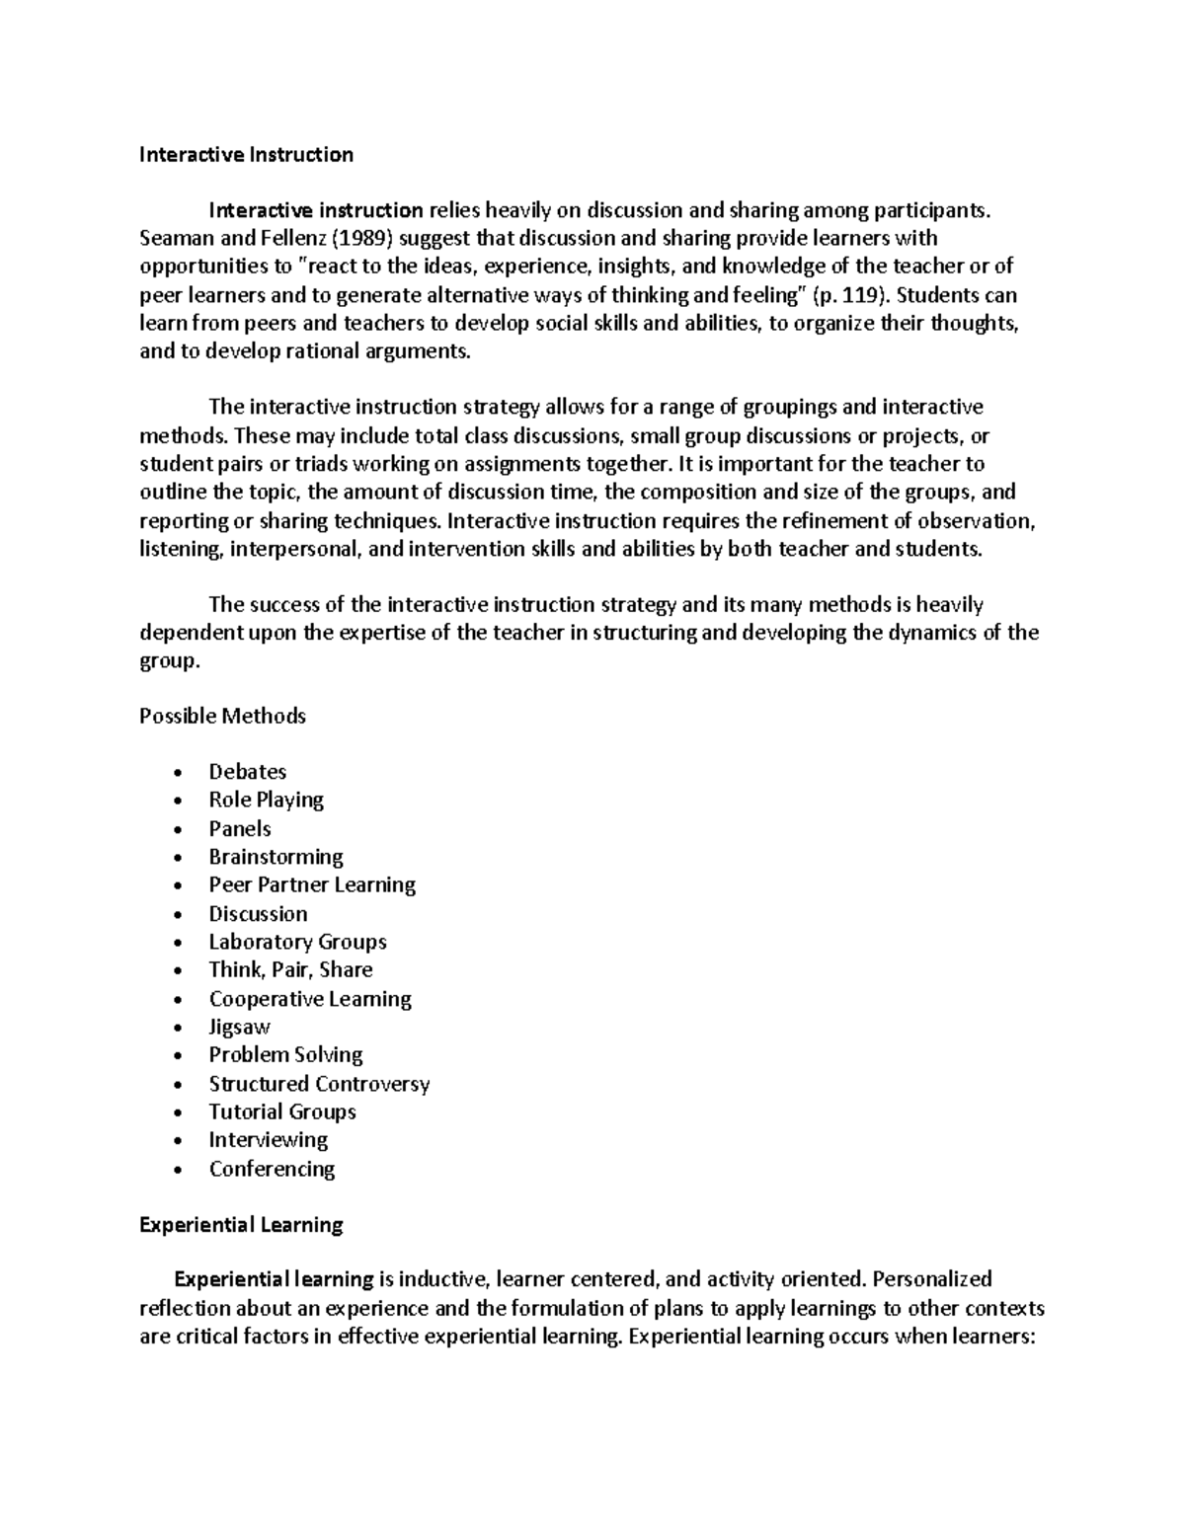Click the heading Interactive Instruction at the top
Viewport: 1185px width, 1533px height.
246,154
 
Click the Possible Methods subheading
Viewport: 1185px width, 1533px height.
222,716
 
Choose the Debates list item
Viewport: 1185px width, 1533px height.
247,772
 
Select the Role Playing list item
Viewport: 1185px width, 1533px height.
266,800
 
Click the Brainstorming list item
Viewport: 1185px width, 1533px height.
276,857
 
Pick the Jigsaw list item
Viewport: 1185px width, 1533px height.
239,1027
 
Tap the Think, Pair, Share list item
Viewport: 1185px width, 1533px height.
290,969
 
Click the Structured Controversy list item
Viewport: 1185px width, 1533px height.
319,1084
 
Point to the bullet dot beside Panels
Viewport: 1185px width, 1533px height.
177,830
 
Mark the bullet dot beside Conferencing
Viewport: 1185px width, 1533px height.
177,1171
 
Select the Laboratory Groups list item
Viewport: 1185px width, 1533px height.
297,942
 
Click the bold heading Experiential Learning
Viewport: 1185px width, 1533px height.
241,1225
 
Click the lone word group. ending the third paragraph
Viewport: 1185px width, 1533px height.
169,661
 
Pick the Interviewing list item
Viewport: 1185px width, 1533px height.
268,1140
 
